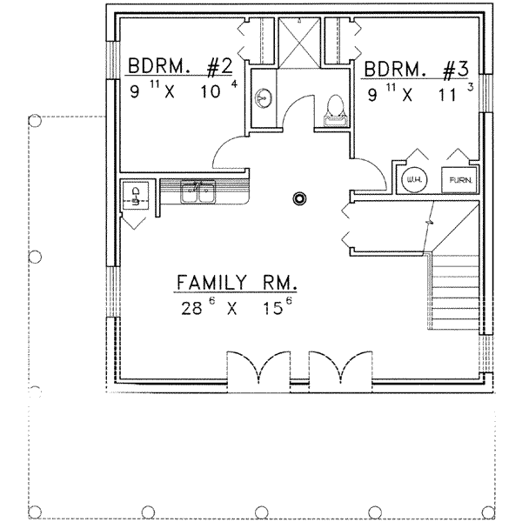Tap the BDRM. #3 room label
(x=417, y=70)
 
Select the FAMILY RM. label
(x=236, y=282)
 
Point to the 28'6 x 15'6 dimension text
(x=237, y=307)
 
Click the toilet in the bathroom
(x=335, y=110)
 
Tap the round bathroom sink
(x=263, y=98)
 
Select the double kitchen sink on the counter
(x=197, y=191)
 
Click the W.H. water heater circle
(x=414, y=180)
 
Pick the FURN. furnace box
(x=459, y=180)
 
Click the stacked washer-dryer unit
(x=136, y=195)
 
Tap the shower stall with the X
(x=299, y=43)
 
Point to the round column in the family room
(x=299, y=198)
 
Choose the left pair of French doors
(x=258, y=367)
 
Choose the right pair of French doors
(x=340, y=367)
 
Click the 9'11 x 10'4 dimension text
(x=184, y=90)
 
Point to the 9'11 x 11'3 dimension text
(x=420, y=93)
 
